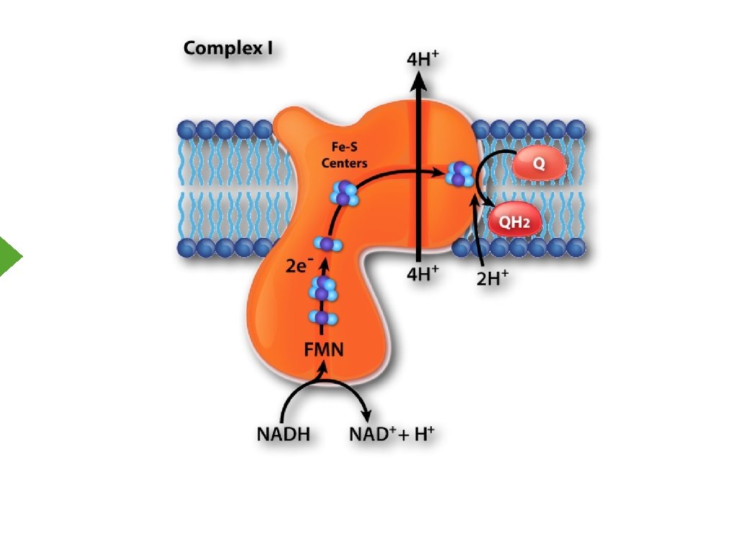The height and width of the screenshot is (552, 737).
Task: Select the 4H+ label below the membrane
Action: pyautogui.click(x=422, y=275)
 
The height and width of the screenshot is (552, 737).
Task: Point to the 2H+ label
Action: pyautogui.click(x=492, y=278)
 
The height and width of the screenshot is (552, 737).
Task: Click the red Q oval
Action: pyautogui.click(x=538, y=165)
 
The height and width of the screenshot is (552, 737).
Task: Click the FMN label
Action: pyautogui.click(x=322, y=350)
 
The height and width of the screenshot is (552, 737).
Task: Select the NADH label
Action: pyautogui.click(x=283, y=434)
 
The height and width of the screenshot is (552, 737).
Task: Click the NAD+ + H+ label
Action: pyautogui.click(x=392, y=434)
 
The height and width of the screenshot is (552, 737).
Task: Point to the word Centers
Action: pyautogui.click(x=344, y=163)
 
